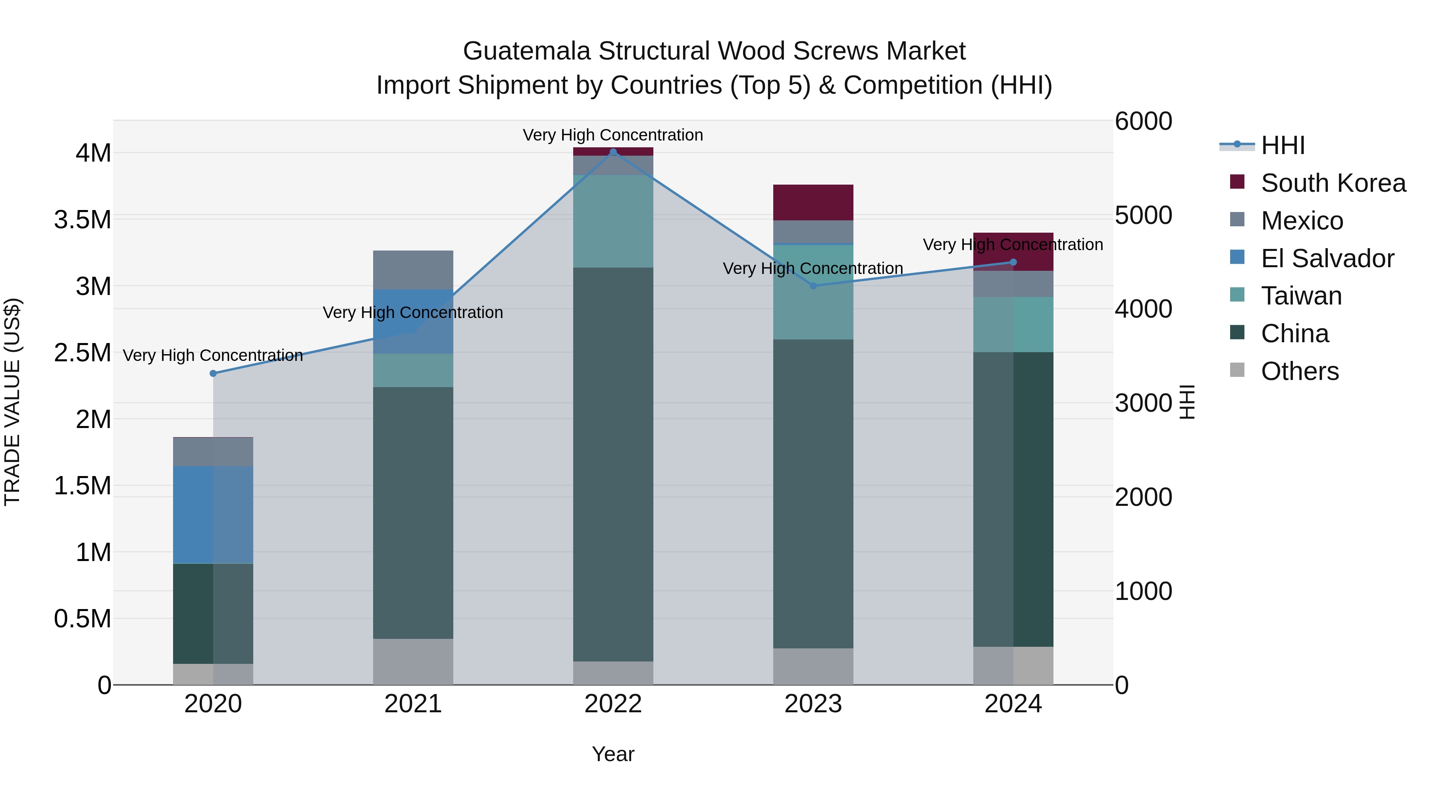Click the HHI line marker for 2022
(613, 152)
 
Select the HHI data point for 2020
(213, 374)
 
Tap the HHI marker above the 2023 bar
(813, 286)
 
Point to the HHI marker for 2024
(1013, 262)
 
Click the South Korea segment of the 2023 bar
(813, 202)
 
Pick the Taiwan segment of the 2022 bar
(613, 222)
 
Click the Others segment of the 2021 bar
(413, 661)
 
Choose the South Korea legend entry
(1333, 183)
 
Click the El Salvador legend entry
(1327, 258)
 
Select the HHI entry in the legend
(1283, 145)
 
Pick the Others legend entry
(1299, 371)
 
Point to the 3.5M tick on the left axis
(82, 220)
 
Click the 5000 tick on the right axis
(1143, 215)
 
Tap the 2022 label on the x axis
(613, 704)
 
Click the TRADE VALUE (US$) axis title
(12, 402)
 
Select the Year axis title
(613, 754)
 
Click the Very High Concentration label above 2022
(613, 135)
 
